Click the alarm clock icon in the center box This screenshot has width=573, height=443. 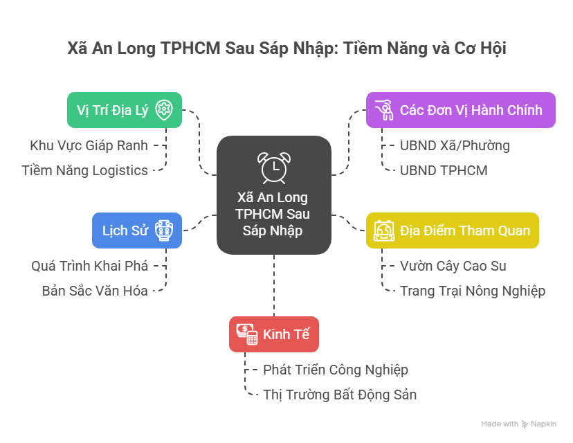tap(273, 167)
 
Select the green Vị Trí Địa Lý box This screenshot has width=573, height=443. tap(125, 109)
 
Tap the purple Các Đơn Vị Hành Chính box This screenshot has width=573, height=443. tap(460, 109)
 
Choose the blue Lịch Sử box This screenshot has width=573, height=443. tap(137, 230)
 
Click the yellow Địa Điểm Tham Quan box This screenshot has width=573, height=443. tap(452, 230)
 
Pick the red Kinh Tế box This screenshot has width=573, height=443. tap(273, 334)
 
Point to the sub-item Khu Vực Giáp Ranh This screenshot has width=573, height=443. tap(89, 145)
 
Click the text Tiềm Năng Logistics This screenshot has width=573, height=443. tap(84, 170)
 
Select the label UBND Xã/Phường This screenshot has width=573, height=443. tap(455, 145)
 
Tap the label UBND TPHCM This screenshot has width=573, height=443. tap(444, 170)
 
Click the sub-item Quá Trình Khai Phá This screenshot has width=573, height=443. tap(89, 265)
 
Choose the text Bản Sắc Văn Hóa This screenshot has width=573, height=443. tap(94, 291)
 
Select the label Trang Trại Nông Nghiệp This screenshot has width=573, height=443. tap(473, 291)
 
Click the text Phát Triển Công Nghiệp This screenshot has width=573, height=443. tap(336, 370)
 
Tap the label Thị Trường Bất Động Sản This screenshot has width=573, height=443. tap(340, 395)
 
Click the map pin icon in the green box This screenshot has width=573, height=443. tap(164, 109)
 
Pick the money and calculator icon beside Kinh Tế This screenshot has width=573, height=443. tap(246, 334)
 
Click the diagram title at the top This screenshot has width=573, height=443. tap(286, 49)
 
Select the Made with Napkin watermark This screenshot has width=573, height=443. tap(518, 424)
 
